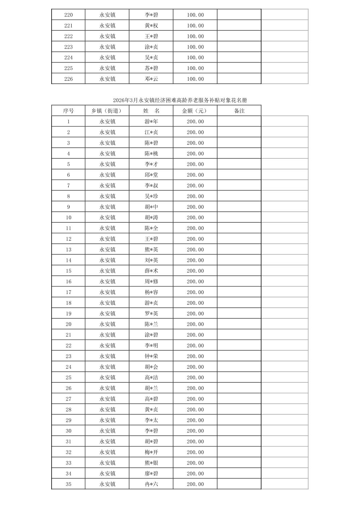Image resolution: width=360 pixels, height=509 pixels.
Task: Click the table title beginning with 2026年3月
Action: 180,100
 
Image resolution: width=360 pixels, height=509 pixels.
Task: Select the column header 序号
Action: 68,111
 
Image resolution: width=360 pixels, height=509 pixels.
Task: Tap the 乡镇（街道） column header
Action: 107,111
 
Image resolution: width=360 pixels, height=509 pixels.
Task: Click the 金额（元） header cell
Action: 195,111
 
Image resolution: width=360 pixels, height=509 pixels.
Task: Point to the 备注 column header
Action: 239,111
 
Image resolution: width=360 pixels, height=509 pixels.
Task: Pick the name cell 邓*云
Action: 151,79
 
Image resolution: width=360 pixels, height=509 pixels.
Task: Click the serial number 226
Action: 68,79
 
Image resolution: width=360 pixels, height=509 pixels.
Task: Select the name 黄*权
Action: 151,26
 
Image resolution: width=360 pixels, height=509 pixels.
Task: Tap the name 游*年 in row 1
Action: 151,122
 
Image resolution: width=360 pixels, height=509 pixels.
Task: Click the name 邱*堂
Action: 151,175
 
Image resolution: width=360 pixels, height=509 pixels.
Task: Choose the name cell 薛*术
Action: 151,271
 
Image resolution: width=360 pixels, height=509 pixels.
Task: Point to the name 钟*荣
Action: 151,356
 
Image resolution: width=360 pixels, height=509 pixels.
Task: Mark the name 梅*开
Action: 151,452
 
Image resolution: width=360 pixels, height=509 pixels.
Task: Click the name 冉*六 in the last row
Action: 151,484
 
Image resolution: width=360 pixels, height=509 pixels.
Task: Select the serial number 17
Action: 68,292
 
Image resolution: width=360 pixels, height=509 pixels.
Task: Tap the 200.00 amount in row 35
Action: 195,484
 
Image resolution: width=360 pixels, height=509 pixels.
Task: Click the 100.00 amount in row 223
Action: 195,47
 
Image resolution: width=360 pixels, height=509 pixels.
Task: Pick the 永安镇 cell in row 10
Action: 107,218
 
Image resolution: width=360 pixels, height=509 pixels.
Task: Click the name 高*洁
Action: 151,377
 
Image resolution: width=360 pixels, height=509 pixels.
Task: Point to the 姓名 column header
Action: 151,111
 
